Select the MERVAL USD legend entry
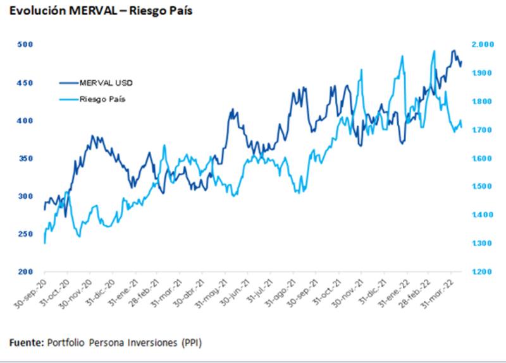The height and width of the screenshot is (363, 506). pyautogui.click(x=106, y=83)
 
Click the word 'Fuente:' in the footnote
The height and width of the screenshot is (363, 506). pyautogui.click(x=26, y=342)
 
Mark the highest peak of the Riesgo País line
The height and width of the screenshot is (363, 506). pyautogui.click(x=434, y=51)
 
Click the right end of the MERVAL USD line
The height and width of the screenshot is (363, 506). pyautogui.click(x=462, y=62)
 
